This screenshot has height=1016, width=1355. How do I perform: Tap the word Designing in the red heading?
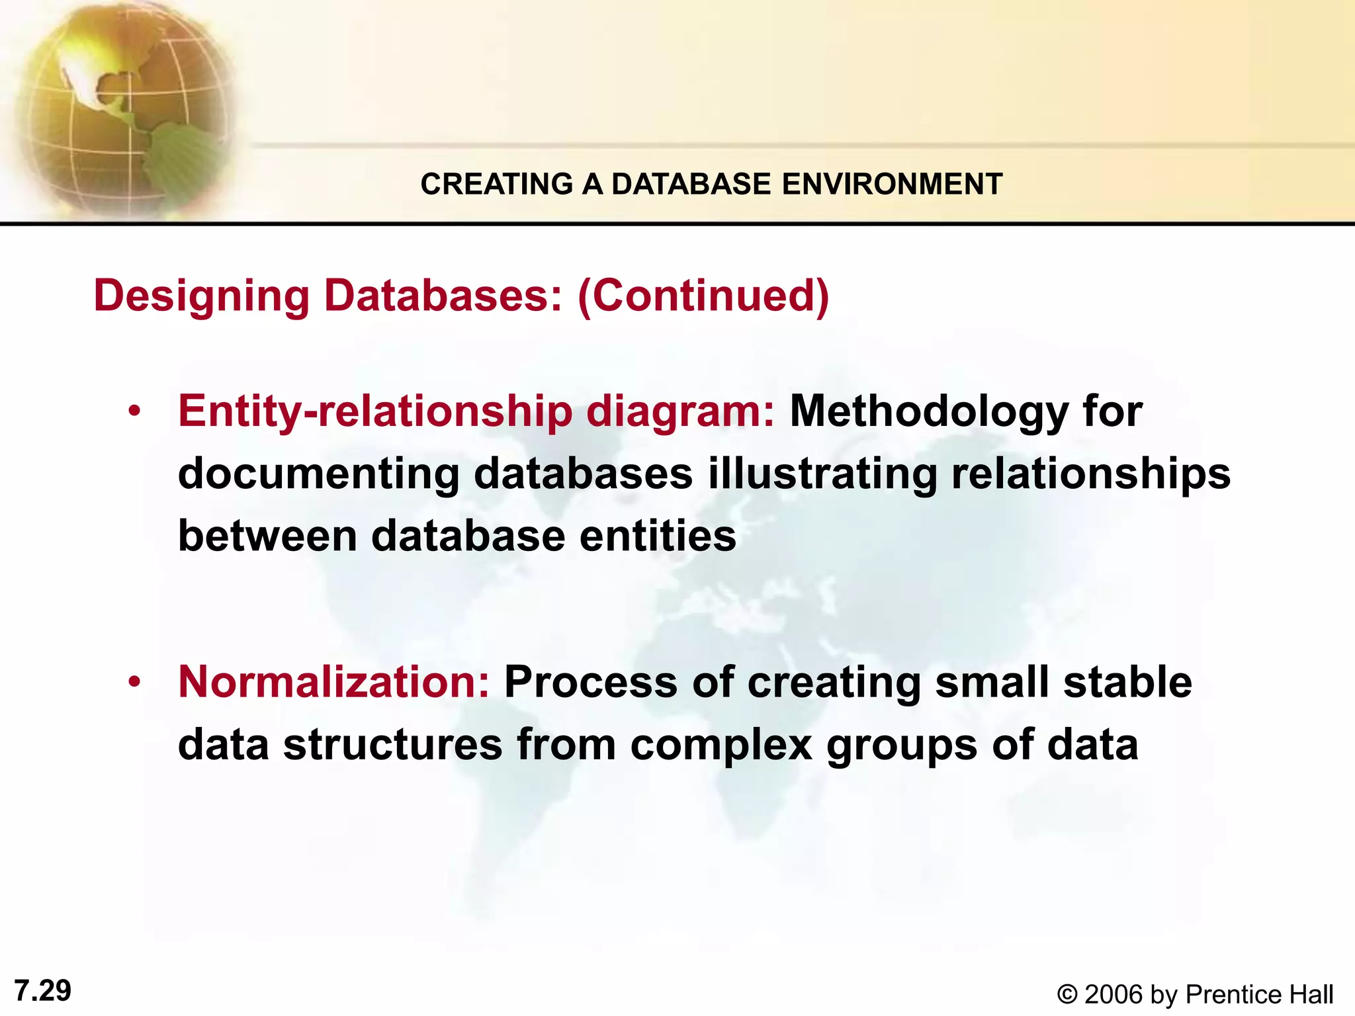coord(201,296)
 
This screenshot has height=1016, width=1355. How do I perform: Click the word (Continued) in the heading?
coord(703,296)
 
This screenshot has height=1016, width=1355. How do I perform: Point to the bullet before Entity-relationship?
coord(135,412)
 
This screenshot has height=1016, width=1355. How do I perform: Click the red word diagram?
coord(679,412)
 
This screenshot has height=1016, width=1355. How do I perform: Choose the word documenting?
coord(318,474)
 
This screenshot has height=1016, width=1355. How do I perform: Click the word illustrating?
coord(822,474)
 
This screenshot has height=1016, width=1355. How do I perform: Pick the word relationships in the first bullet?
coord(1090,474)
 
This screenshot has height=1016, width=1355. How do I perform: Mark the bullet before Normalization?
coord(135,682)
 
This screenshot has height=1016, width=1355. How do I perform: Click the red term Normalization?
coord(333,682)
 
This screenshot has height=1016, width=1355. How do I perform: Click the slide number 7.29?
coord(42,991)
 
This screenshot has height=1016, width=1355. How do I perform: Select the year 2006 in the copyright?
coord(1114,995)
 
